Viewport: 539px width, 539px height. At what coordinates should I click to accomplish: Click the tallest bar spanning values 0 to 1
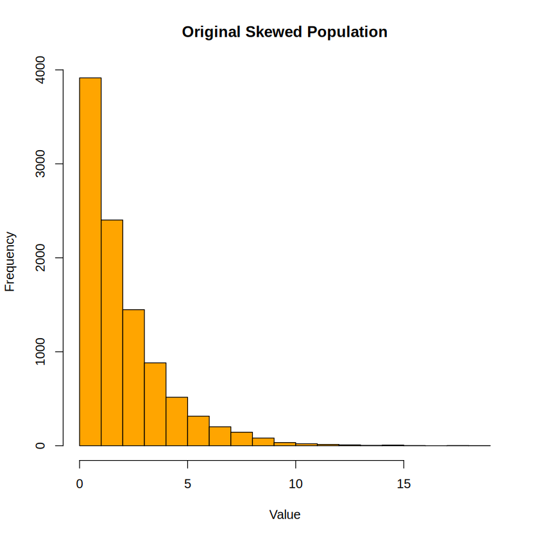pos(90,262)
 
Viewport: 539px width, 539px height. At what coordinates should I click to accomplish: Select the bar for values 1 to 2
pos(112,333)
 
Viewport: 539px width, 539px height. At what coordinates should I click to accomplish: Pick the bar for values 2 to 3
pos(133,377)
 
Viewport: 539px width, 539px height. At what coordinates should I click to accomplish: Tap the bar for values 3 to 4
pos(155,404)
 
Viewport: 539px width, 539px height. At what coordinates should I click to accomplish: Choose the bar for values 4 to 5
pos(177,421)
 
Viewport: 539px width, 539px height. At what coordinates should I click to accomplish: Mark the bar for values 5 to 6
pos(198,431)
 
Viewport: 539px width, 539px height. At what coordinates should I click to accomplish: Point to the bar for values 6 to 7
pos(220,436)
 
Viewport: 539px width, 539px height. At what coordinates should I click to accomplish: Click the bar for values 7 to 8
pos(242,439)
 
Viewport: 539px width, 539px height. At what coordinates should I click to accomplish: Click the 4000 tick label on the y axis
pos(40,70)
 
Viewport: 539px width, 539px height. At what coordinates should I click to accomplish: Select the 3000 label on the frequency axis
pos(40,164)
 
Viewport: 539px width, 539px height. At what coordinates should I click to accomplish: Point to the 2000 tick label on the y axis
pos(40,257)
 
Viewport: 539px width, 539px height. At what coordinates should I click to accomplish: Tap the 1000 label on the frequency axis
pos(40,352)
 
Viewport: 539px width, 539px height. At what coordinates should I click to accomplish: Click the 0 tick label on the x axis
pos(80,484)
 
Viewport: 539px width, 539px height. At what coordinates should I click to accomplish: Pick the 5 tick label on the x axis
pos(187,484)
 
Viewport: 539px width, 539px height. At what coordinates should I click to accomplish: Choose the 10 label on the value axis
pos(296,484)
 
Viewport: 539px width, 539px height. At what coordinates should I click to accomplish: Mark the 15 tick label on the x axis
pos(404,484)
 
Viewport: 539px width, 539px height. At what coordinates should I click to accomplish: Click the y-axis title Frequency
pos(10,262)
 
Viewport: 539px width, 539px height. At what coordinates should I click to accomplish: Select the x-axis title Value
pos(285,515)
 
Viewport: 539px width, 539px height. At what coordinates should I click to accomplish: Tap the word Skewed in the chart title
pos(273,32)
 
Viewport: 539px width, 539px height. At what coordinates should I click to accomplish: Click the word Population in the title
pos(347,33)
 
